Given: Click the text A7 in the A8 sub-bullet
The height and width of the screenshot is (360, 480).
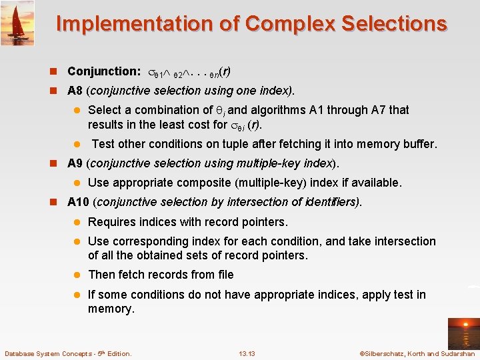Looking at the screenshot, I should pyautogui.click(x=342, y=110).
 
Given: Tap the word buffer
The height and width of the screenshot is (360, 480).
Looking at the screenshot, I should pyautogui.click(x=419, y=144).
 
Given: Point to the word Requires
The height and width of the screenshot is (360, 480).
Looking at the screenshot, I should pyautogui.click(x=111, y=222).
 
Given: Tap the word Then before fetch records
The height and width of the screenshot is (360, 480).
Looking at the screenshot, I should pyautogui.click(x=101, y=275).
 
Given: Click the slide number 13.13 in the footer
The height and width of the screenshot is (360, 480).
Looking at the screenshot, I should pyautogui.click(x=246, y=353).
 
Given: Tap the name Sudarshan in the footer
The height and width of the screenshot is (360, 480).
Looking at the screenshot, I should pyautogui.click(x=458, y=353).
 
